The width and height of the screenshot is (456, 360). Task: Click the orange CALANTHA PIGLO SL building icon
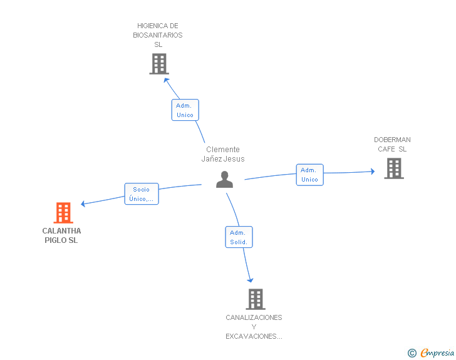pyautogui.click(x=63, y=213)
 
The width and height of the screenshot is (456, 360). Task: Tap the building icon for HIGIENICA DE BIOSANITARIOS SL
pyautogui.click(x=159, y=64)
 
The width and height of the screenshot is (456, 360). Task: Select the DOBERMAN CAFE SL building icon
pyautogui.click(x=394, y=168)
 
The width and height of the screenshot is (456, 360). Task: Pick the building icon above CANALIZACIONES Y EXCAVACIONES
pyautogui.click(x=256, y=299)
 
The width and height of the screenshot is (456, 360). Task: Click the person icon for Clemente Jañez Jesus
pyautogui.click(x=224, y=180)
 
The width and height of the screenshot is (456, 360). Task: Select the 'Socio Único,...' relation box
pyautogui.click(x=142, y=194)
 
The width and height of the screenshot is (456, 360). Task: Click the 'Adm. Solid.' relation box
pyautogui.click(x=239, y=237)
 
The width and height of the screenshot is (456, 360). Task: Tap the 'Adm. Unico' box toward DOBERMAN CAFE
pyautogui.click(x=309, y=175)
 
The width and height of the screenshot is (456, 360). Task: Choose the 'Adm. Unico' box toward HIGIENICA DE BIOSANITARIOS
pyautogui.click(x=185, y=110)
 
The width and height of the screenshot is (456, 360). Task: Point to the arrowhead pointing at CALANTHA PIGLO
pyautogui.click(x=83, y=203)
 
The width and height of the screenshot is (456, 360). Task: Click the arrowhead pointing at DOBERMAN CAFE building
pyautogui.click(x=373, y=172)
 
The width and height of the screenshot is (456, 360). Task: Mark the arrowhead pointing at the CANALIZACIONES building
pyautogui.click(x=250, y=280)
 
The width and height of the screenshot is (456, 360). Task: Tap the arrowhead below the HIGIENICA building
pyautogui.click(x=166, y=81)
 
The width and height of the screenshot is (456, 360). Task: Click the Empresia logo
pyautogui.click(x=437, y=352)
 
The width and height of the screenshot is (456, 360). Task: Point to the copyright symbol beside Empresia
pyautogui.click(x=412, y=353)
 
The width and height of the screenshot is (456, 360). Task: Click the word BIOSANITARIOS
pyautogui.click(x=158, y=35)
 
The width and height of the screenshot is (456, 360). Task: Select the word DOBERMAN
pyautogui.click(x=392, y=140)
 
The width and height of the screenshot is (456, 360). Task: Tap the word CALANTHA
pyautogui.click(x=61, y=231)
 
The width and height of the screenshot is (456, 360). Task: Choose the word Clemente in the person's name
pyautogui.click(x=223, y=150)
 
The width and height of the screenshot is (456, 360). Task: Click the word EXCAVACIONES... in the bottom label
pyautogui.click(x=254, y=336)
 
